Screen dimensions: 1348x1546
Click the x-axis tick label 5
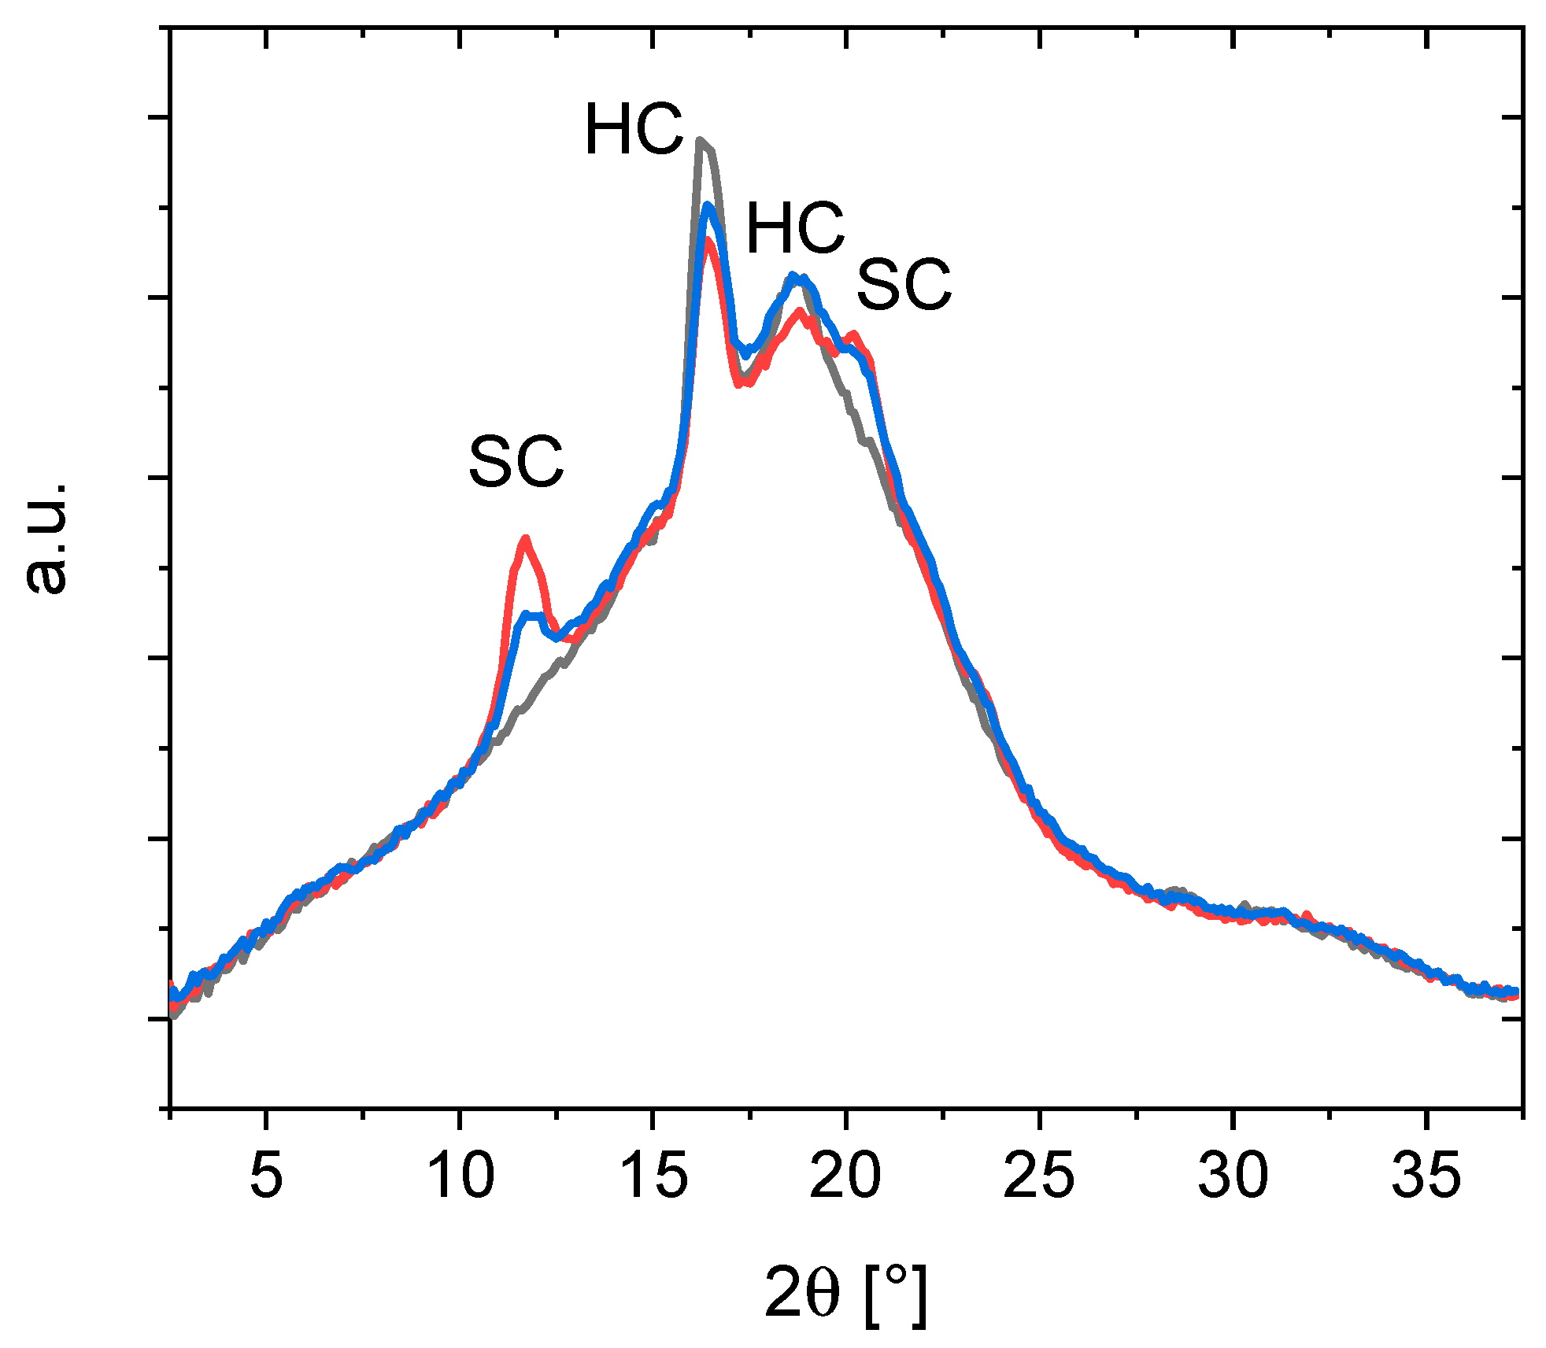[x=266, y=1176]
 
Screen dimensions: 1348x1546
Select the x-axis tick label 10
[x=460, y=1176]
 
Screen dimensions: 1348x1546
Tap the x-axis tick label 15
[x=653, y=1176]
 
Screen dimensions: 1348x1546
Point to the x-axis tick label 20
[x=845, y=1176]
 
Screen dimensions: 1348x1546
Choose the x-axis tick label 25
[x=1039, y=1176]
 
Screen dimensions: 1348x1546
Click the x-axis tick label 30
[x=1233, y=1176]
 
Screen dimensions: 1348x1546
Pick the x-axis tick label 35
[x=1426, y=1176]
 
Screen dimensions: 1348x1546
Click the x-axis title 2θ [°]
[x=845, y=1292]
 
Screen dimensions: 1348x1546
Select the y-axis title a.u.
[x=46, y=538]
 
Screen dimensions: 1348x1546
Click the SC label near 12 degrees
[x=516, y=462]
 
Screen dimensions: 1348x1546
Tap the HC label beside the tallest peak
[x=634, y=130]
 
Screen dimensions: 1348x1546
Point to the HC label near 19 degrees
[x=795, y=228]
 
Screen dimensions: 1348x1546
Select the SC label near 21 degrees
[x=904, y=285]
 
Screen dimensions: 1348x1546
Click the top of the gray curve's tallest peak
[x=701, y=141]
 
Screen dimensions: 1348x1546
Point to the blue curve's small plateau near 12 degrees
[x=532, y=615]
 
